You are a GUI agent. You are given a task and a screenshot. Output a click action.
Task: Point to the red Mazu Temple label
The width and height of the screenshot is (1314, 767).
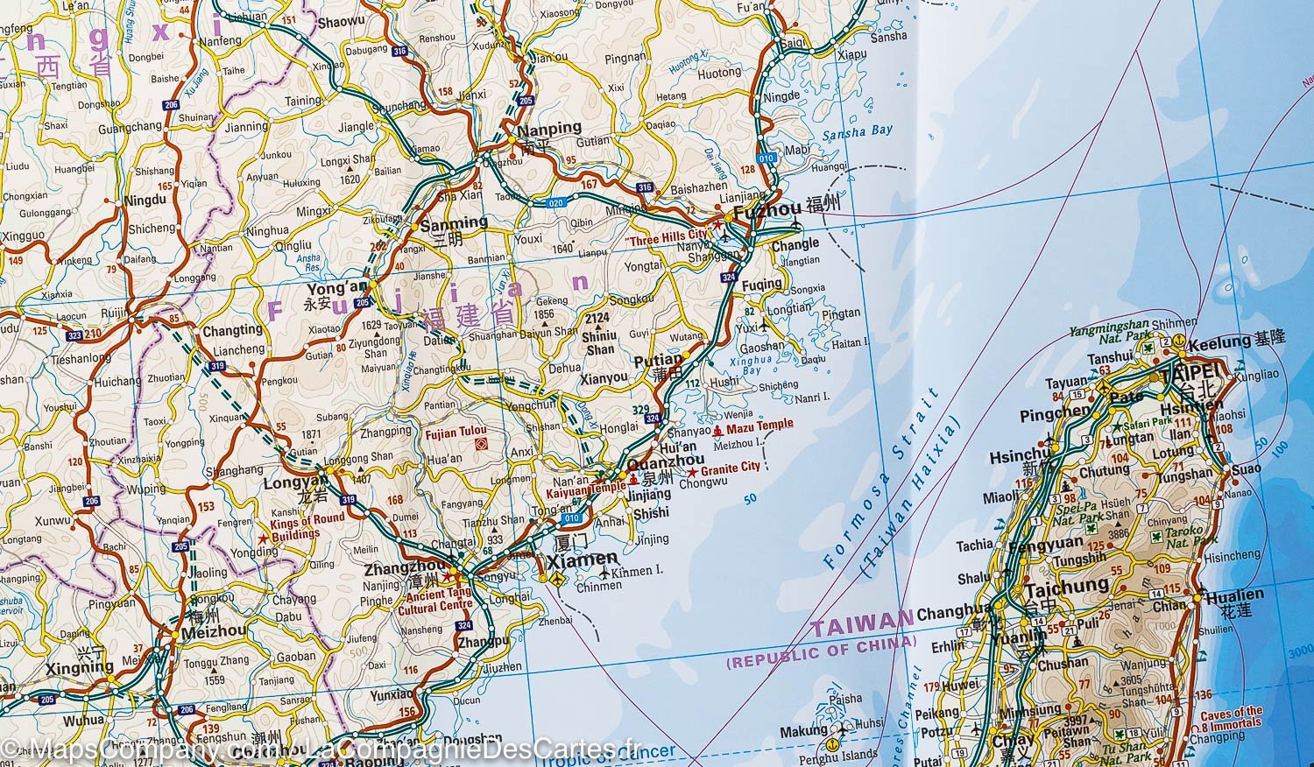pyautogui.click(x=759, y=425)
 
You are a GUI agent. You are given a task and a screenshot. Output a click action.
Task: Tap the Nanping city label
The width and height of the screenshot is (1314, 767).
pyautogui.click(x=550, y=128)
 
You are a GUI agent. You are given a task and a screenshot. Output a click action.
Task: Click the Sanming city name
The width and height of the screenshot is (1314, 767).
pyautogui.click(x=454, y=223)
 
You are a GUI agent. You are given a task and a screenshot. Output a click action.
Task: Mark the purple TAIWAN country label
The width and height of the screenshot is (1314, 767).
pyautogui.click(x=862, y=626)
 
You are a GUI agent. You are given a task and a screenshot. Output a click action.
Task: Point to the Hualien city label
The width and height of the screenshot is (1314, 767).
pyautogui.click(x=1235, y=595)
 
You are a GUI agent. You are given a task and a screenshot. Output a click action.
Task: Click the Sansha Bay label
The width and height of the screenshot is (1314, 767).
pyautogui.click(x=858, y=131)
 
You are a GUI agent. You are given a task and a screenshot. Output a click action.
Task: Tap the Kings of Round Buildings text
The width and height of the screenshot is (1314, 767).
pyautogui.click(x=295, y=527)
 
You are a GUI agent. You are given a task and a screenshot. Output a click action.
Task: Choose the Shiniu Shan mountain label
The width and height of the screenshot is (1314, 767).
pyautogui.click(x=600, y=334)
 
